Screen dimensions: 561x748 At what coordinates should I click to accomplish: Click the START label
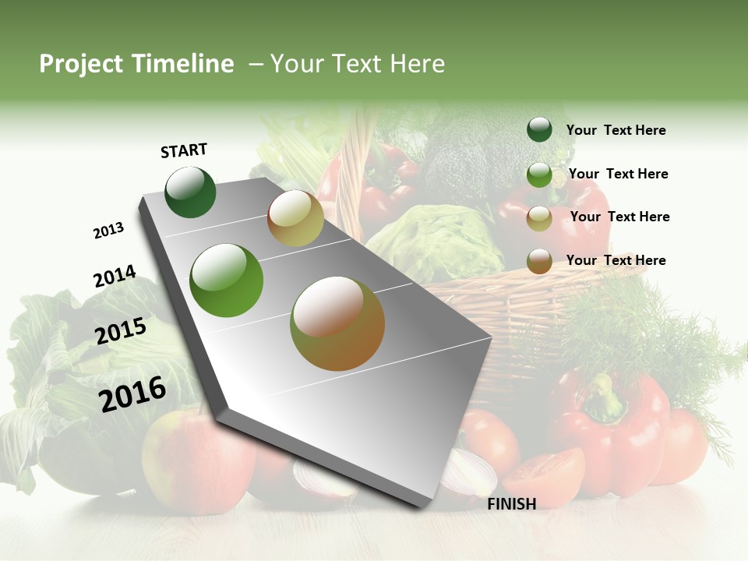point(184,150)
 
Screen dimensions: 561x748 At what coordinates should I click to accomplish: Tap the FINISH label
point(511,504)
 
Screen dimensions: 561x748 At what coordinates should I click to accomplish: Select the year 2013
point(108,230)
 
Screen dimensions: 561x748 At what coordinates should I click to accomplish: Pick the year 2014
point(115,277)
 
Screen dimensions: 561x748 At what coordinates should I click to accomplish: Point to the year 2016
point(132,393)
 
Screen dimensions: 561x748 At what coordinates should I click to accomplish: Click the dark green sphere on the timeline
point(190,192)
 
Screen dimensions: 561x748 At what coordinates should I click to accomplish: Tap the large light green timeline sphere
point(227,280)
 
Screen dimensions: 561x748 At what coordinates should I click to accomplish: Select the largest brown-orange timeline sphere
point(337,323)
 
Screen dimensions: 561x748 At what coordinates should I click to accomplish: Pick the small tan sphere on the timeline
point(295,218)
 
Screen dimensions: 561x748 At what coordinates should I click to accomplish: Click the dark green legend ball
point(539,129)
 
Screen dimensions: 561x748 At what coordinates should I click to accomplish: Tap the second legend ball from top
point(539,175)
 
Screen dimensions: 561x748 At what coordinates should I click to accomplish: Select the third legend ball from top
point(539,219)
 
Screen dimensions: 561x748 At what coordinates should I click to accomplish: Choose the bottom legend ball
point(539,261)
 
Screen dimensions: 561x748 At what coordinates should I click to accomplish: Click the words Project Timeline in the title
point(136,64)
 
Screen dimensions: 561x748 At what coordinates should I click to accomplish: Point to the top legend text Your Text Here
point(616,130)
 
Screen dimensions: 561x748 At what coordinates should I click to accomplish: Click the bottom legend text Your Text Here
point(616,260)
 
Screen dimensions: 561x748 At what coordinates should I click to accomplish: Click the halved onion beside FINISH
point(467,474)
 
